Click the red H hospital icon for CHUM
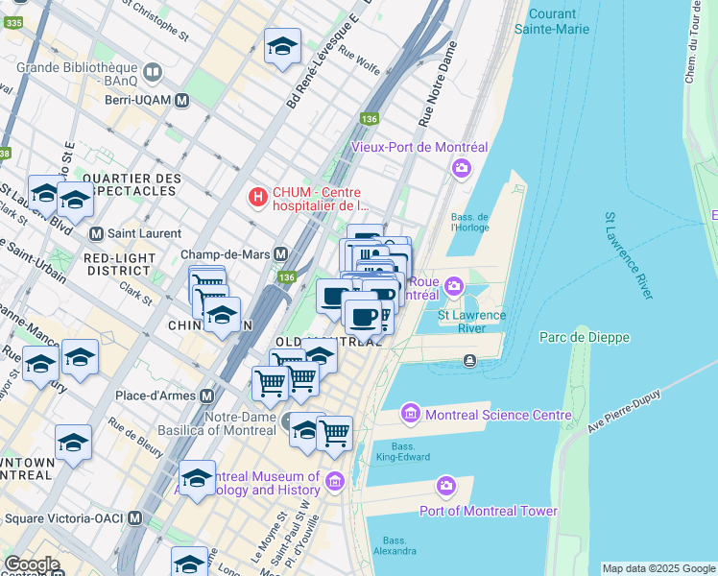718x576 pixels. tap(257, 197)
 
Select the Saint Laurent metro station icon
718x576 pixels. tap(96, 233)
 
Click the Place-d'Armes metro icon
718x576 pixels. tap(206, 396)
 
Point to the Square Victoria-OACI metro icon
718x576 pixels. tap(135, 518)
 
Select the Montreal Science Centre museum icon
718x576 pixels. tap(411, 414)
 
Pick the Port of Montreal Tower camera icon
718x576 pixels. tap(445, 487)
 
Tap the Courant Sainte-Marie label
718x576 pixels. tap(552, 21)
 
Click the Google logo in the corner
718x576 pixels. tap(32, 564)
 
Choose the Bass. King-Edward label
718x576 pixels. tap(403, 453)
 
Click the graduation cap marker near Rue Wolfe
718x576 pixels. tap(282, 45)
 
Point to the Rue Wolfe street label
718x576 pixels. tap(362, 65)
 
